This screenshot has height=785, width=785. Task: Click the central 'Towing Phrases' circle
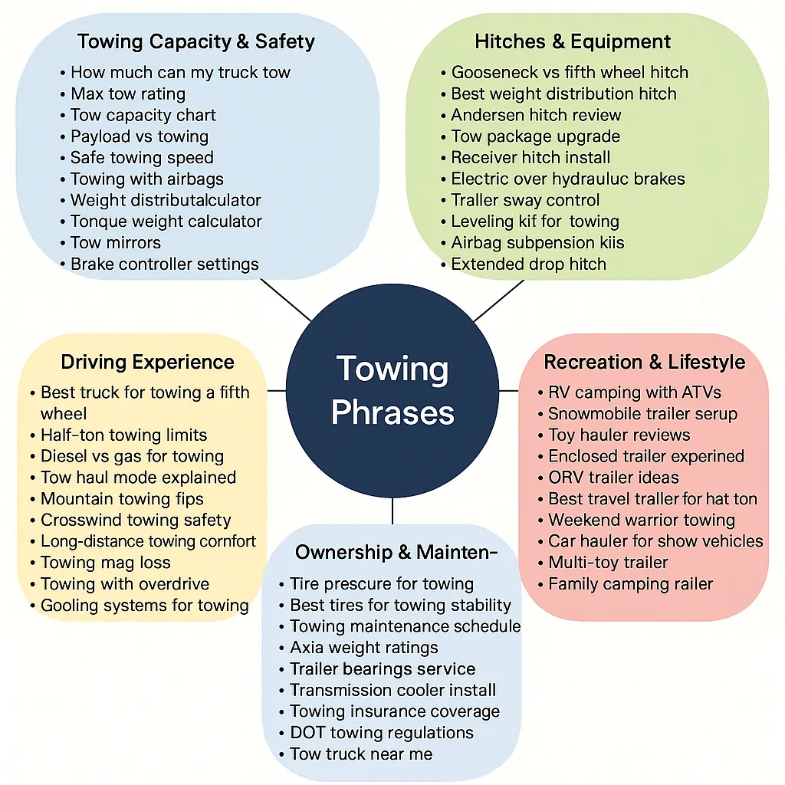pyautogui.click(x=392, y=391)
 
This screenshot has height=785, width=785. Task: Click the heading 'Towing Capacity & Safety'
pyautogui.click(x=196, y=41)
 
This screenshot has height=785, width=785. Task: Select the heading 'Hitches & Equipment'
pyautogui.click(x=573, y=41)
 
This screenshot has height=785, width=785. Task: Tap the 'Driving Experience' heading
pyautogui.click(x=147, y=362)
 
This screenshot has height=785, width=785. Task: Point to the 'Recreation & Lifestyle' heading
pyautogui.click(x=644, y=362)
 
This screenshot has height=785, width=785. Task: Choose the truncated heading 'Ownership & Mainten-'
pyautogui.click(x=396, y=552)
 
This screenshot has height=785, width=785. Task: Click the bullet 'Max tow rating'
pyautogui.click(x=127, y=94)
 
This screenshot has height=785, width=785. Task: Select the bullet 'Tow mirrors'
pyautogui.click(x=115, y=243)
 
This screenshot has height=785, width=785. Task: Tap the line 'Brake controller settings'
pyautogui.click(x=164, y=264)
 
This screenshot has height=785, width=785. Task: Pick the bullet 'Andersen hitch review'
pyautogui.click(x=536, y=116)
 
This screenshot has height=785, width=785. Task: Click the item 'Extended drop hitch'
pyautogui.click(x=528, y=264)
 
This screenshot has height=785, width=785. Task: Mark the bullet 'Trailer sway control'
pyautogui.click(x=525, y=201)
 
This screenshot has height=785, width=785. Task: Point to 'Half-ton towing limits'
pyautogui.click(x=123, y=435)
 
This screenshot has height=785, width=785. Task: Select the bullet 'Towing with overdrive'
pyautogui.click(x=124, y=584)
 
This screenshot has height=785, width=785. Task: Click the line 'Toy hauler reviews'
pyautogui.click(x=619, y=435)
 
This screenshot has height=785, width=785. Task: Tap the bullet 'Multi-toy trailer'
pyautogui.click(x=608, y=563)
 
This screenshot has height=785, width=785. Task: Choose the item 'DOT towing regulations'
pyautogui.click(x=381, y=733)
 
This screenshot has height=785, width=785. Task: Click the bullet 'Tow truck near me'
pyautogui.click(x=360, y=754)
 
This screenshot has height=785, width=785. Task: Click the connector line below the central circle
pyautogui.click(x=392, y=511)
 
